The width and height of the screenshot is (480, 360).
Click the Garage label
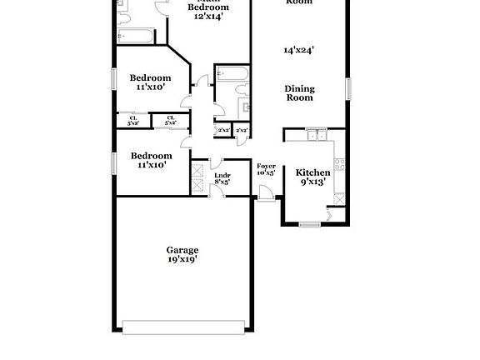[x=182, y=249]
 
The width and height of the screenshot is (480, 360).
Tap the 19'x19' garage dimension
[x=182, y=259]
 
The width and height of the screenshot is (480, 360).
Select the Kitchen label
[x=313, y=172]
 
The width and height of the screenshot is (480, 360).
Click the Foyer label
[x=266, y=167]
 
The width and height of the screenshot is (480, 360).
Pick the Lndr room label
[x=222, y=174]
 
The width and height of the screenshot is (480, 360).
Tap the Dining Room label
[x=299, y=92]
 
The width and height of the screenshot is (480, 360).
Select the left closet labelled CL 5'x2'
[x=133, y=121]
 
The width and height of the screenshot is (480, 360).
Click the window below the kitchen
[x=309, y=224]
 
